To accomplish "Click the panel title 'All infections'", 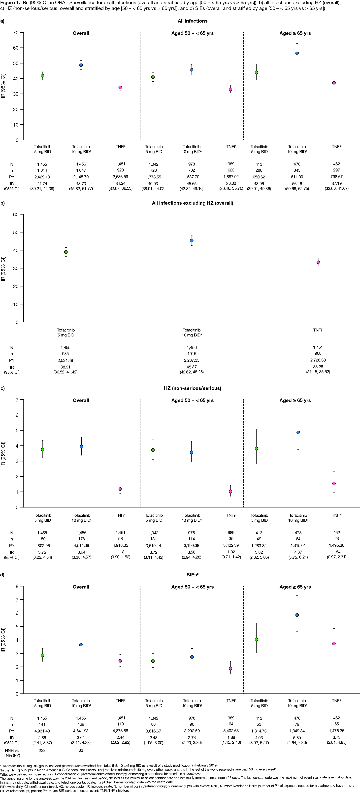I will [193, 21].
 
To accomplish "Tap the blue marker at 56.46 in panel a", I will [297, 53].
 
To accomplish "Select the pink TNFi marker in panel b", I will [318, 262].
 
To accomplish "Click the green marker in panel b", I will [66, 252].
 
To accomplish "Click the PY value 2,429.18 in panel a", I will [42, 177].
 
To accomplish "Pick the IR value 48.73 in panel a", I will [81, 183].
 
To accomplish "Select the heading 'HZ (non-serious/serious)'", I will [193, 388].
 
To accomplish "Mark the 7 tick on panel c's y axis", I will [17, 400].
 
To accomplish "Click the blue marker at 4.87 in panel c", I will [298, 432].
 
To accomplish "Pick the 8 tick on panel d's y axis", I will [17, 586].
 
